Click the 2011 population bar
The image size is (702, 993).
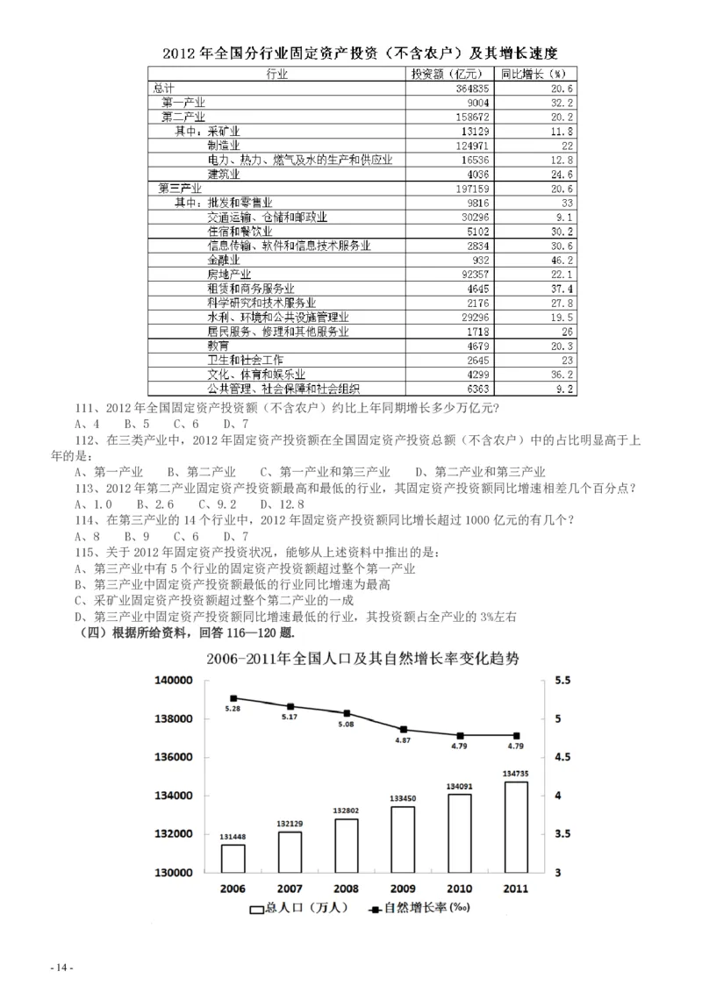[x=516, y=826]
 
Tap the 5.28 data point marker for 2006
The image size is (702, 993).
[x=233, y=698]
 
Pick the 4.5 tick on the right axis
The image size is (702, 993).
[x=564, y=757]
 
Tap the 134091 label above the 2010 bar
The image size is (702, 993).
[x=460, y=785]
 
